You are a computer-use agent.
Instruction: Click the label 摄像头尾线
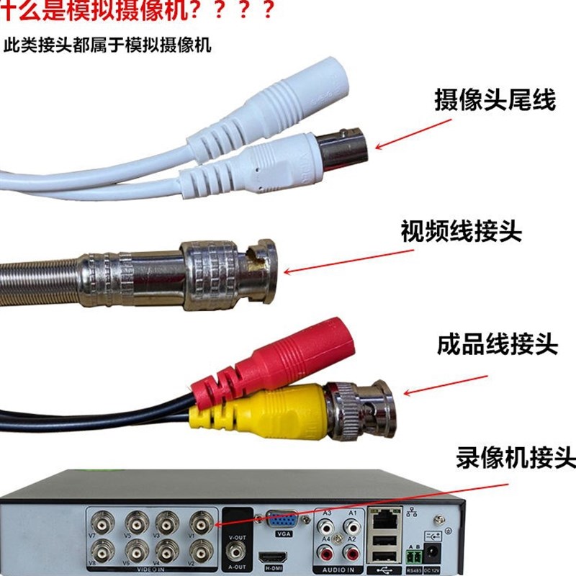495,100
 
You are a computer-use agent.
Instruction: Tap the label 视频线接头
461,232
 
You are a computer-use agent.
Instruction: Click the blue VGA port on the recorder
281,521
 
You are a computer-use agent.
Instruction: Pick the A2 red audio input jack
352,553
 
